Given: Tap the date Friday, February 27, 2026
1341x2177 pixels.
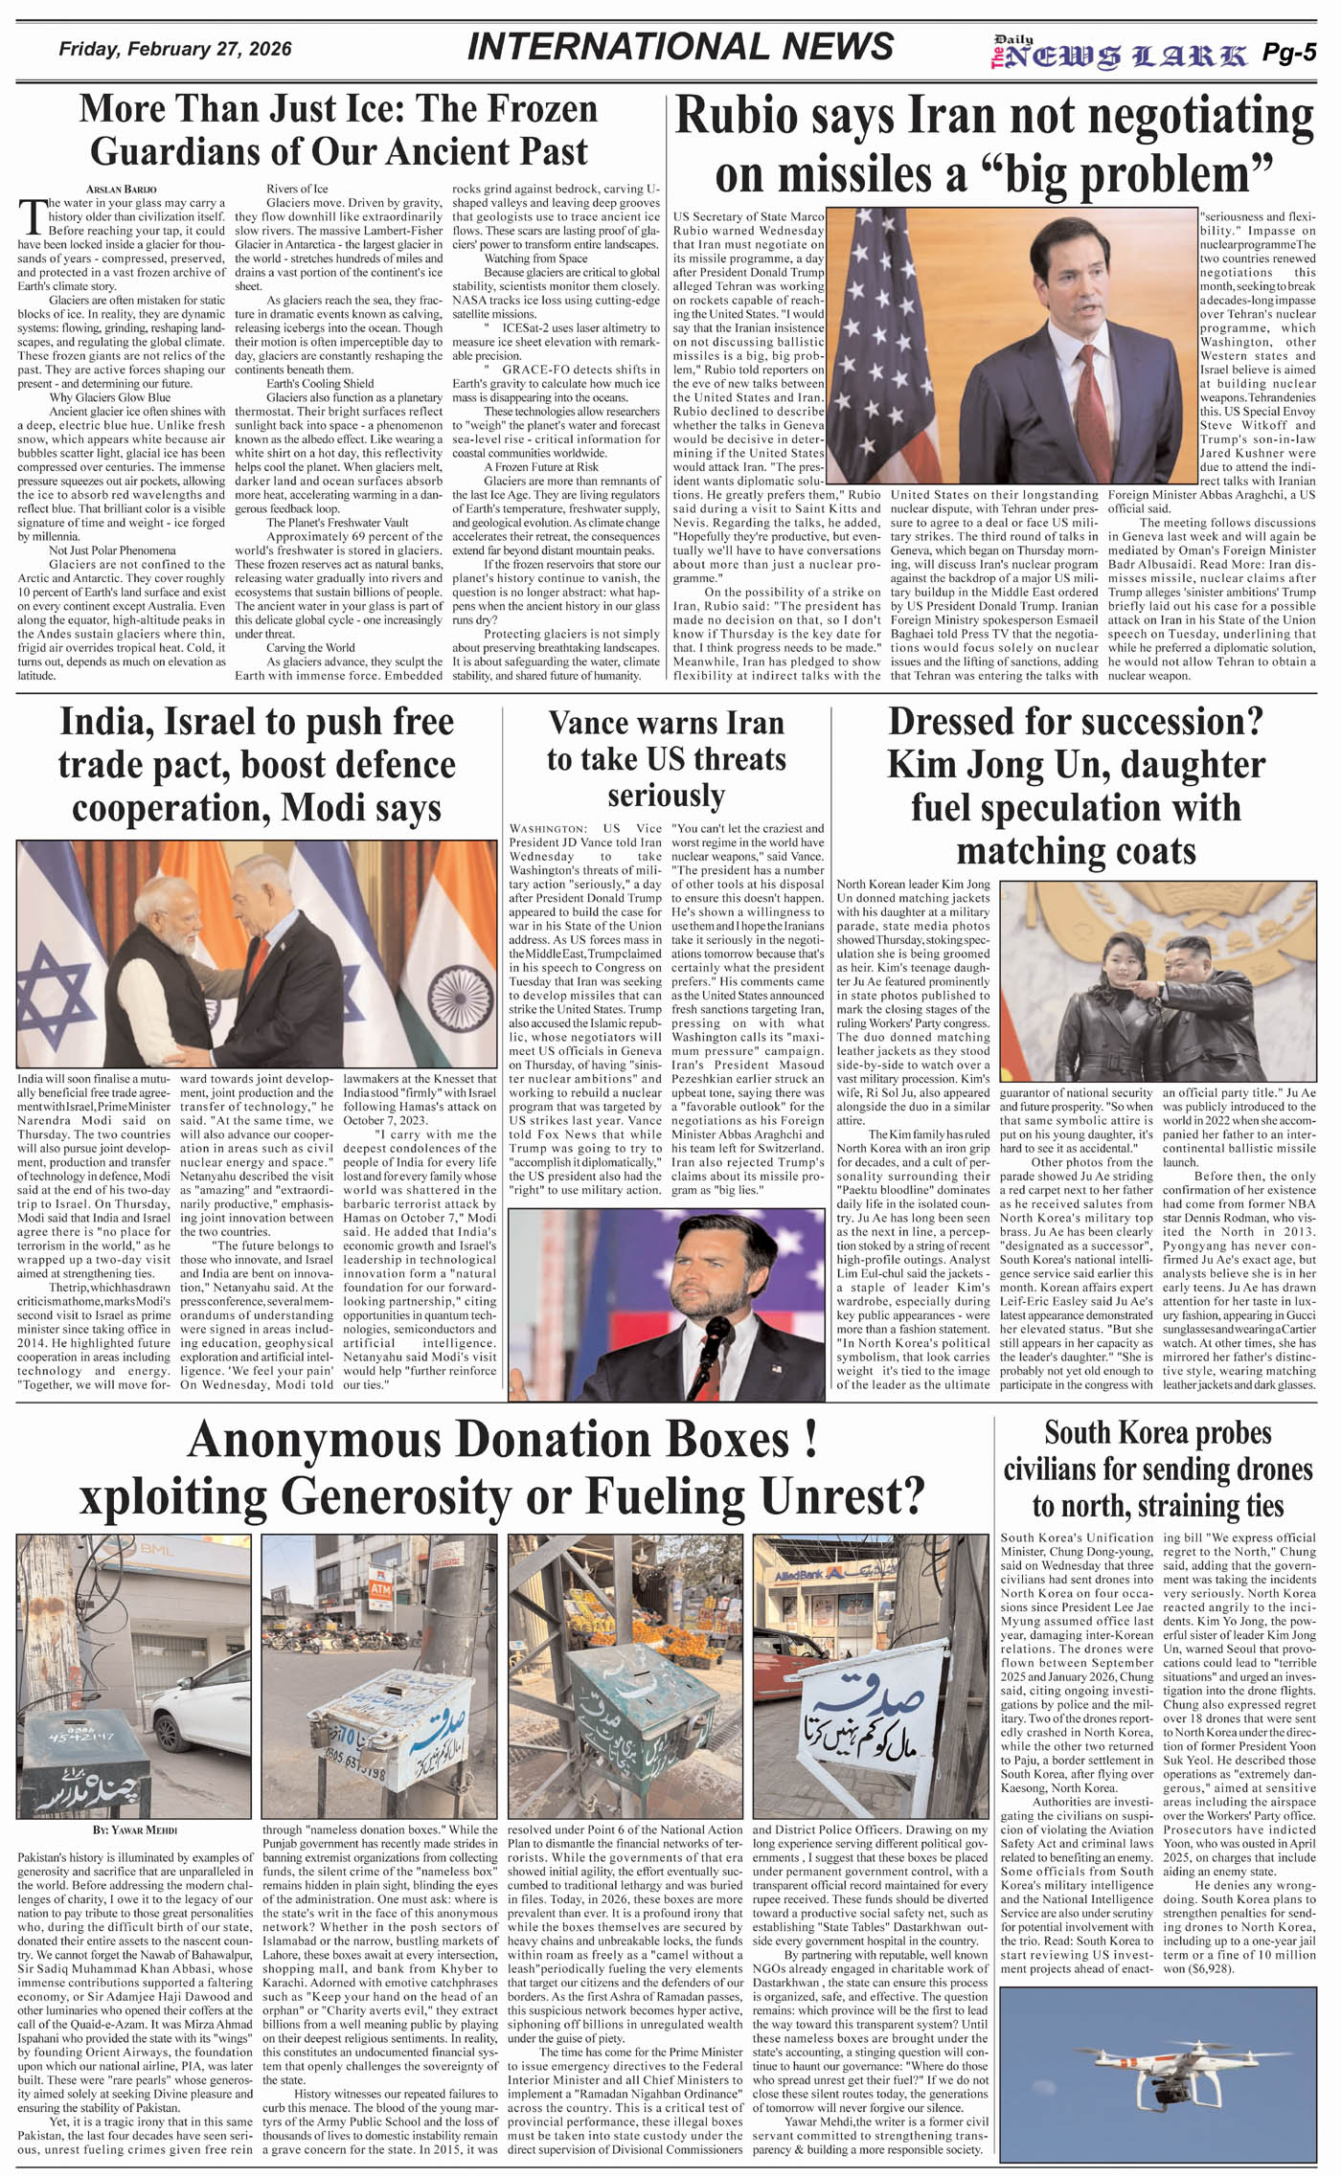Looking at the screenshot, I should click(175, 49).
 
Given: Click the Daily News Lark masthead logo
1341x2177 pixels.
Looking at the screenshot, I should click(1118, 54).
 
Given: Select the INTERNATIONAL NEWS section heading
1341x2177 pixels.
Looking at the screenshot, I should click(680, 47).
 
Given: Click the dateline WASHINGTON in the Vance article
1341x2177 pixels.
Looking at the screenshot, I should click(548, 829).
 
